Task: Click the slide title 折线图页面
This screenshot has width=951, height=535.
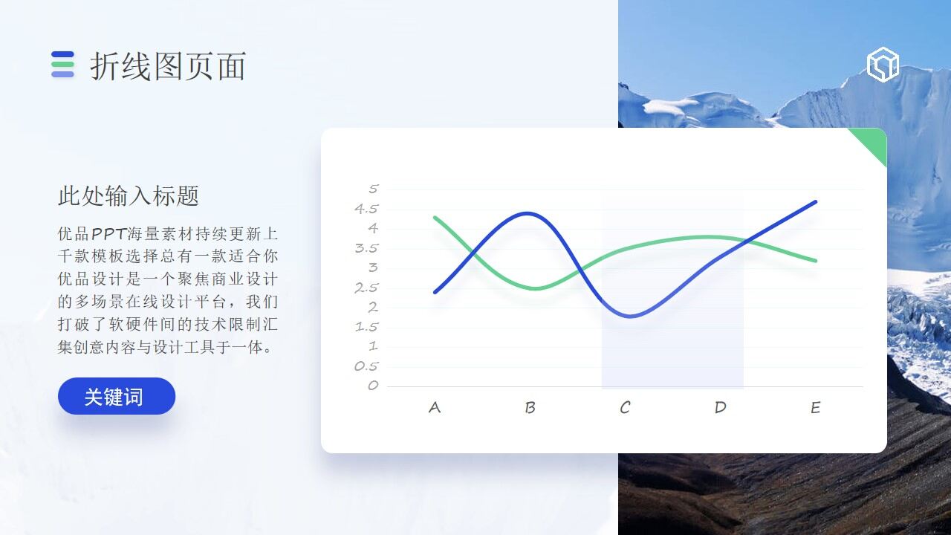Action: [168, 67]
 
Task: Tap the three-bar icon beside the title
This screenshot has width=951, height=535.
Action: [62, 65]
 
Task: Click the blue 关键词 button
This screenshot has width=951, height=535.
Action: [117, 397]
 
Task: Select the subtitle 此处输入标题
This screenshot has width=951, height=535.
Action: [129, 196]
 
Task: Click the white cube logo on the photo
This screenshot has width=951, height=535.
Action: [883, 65]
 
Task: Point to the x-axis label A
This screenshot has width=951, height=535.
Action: [435, 407]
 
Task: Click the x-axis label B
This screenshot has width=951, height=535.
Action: [530, 407]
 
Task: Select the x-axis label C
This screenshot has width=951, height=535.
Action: [625, 407]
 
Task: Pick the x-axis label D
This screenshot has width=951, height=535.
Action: [720, 407]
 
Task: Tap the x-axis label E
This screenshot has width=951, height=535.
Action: [815, 407]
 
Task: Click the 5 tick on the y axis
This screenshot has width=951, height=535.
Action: [374, 189]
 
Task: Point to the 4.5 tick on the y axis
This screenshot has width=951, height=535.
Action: [366, 209]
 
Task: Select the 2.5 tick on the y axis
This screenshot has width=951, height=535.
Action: [366, 288]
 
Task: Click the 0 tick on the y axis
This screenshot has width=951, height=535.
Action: [373, 386]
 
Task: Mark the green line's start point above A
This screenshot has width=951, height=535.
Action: [435, 217]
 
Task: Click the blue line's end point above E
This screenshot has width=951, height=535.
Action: [815, 201]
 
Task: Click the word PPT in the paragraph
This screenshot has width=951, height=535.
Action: [108, 234]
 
